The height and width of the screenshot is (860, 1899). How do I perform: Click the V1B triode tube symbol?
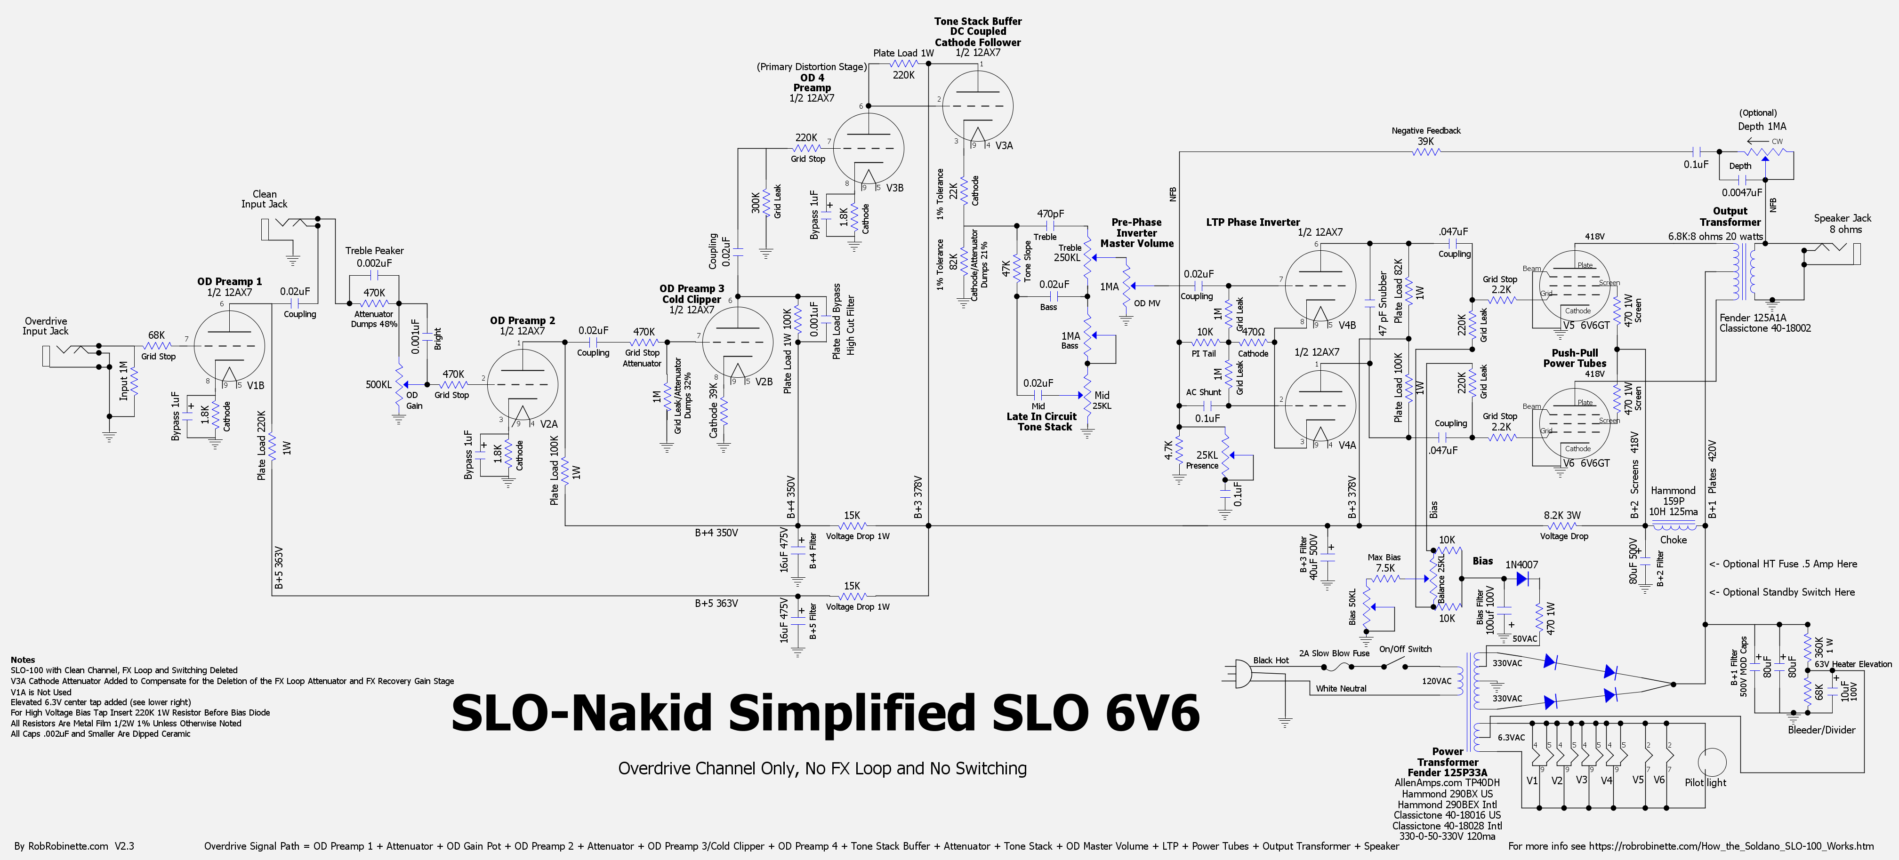[x=229, y=346]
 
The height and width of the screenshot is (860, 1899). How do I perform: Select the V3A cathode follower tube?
[x=978, y=104]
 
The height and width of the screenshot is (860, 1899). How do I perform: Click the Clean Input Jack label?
[x=264, y=199]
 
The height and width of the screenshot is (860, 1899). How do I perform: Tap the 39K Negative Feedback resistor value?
[x=1426, y=142]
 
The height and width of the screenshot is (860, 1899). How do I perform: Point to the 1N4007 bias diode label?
[x=1521, y=565]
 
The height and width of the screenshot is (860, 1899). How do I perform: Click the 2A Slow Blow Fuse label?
[x=1334, y=653]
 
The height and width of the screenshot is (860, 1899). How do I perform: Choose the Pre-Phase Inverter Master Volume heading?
[x=1137, y=233]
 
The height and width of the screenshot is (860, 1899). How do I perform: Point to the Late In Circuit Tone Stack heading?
[x=1042, y=422]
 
